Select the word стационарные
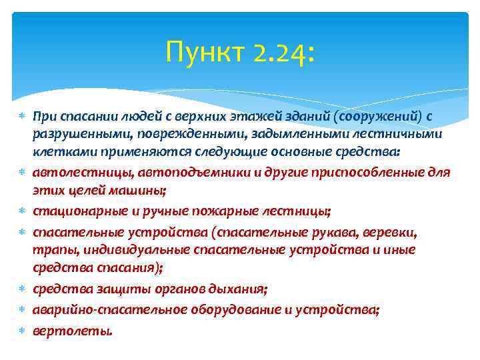tap(73, 211)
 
